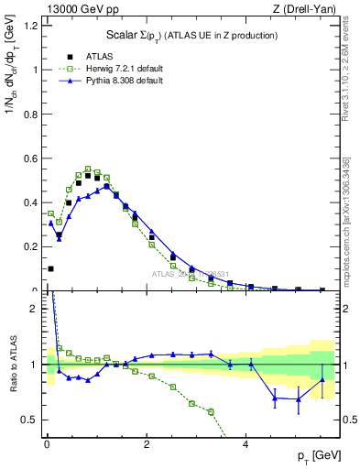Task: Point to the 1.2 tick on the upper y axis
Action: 32,26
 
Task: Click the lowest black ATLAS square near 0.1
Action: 50,268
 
